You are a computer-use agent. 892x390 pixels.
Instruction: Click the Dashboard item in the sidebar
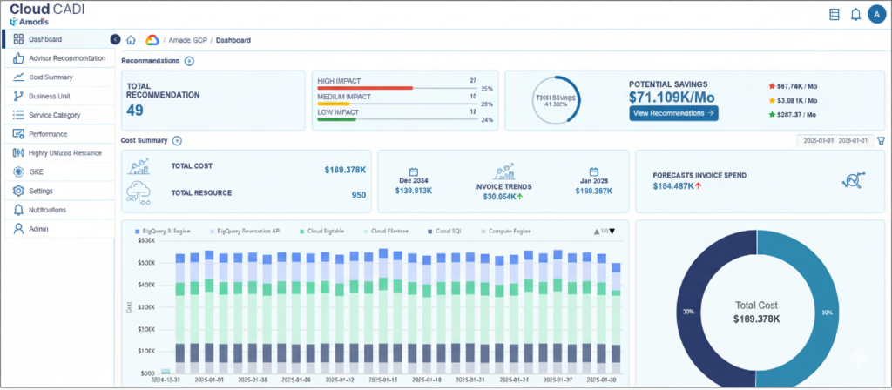(45, 39)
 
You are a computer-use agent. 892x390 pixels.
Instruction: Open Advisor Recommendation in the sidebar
(66, 58)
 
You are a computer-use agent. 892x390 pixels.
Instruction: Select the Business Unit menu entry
(49, 96)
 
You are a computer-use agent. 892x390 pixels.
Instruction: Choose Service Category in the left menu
(54, 115)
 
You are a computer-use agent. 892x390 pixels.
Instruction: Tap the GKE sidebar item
(36, 171)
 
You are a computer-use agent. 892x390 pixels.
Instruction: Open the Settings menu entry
(40, 191)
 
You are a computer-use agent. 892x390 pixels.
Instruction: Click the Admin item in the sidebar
(38, 229)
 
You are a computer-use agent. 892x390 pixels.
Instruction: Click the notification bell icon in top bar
(855, 14)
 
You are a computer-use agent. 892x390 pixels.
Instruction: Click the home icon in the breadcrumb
(131, 40)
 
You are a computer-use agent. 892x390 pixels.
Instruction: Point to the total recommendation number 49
(135, 110)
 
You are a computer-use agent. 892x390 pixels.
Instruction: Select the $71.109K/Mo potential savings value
(672, 98)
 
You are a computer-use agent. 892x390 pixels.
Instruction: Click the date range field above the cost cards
(835, 140)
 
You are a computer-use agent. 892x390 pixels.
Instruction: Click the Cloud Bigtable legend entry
(328, 231)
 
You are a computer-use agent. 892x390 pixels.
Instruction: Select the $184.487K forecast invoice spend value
(678, 185)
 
